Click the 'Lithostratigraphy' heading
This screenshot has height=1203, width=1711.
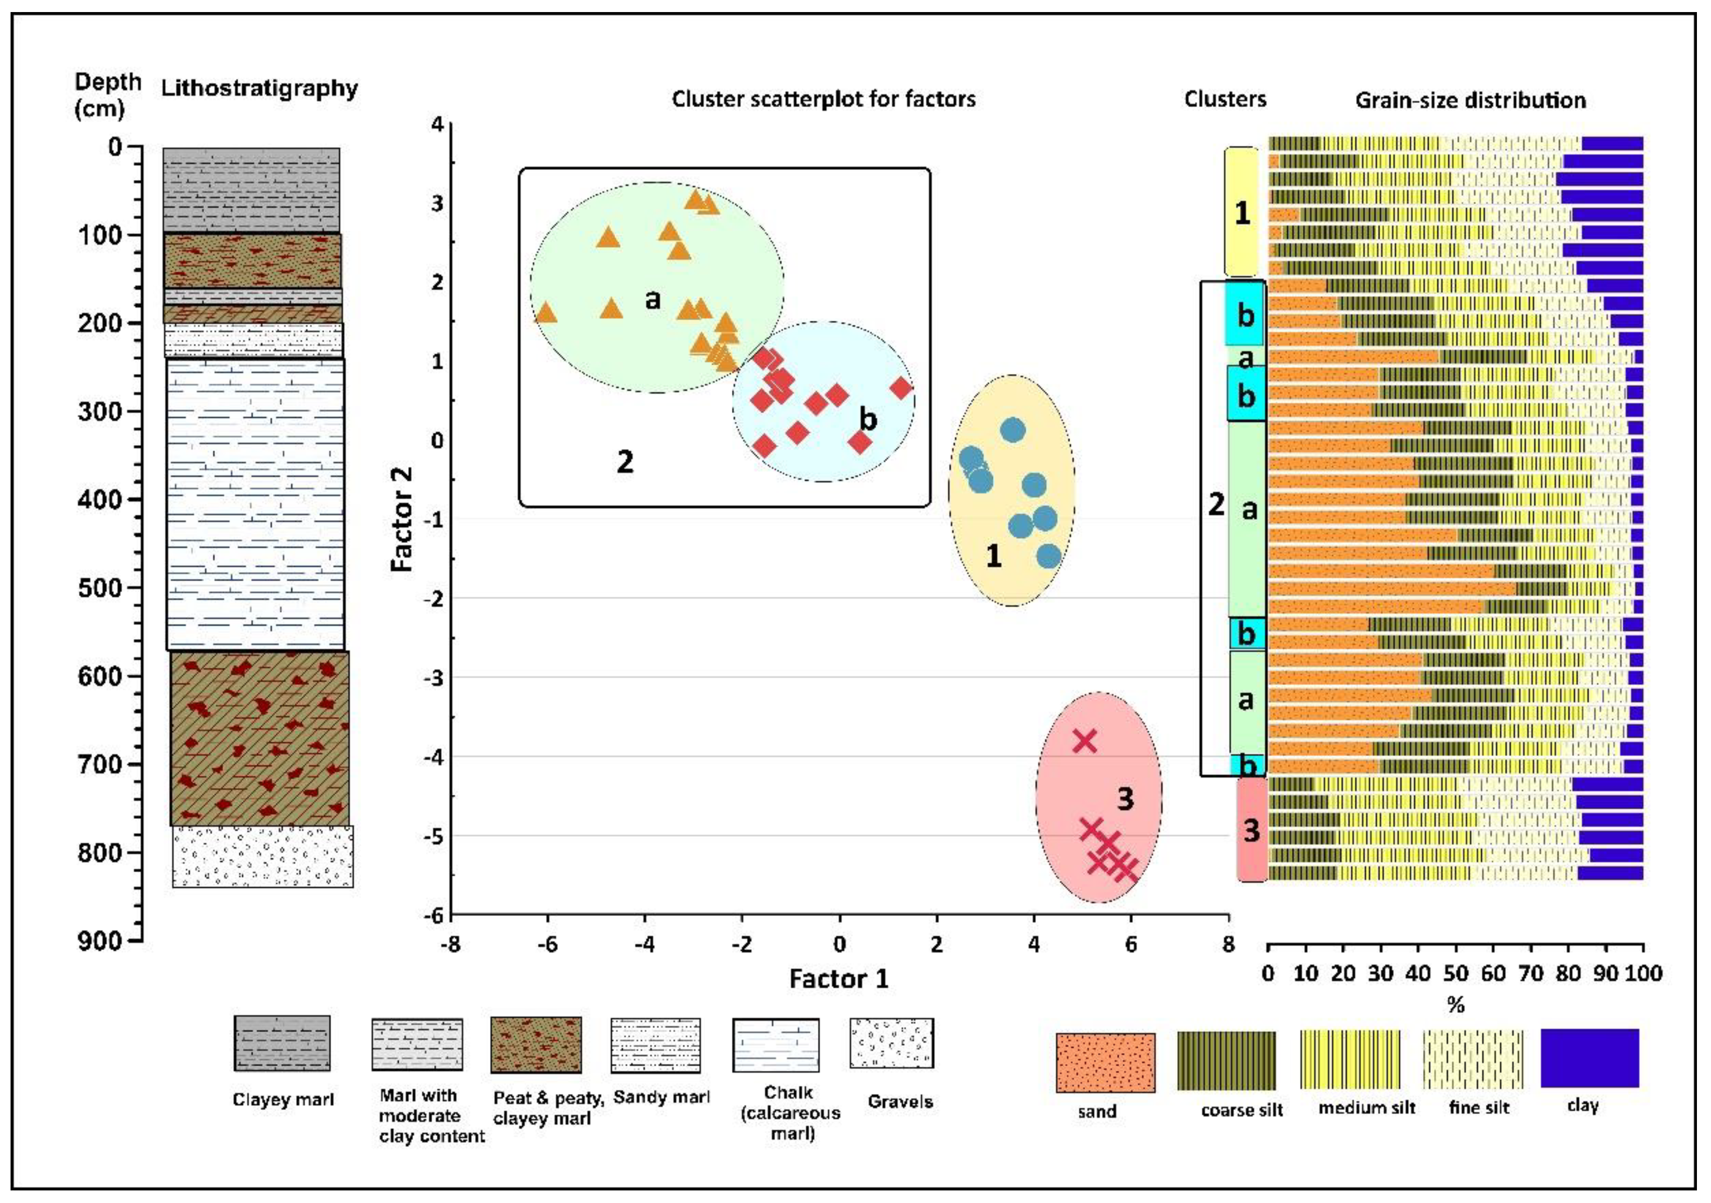(259, 88)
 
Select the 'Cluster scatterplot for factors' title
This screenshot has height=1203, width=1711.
(823, 99)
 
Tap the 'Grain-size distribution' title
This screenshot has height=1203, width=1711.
(1470, 101)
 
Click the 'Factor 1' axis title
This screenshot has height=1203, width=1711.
(838, 979)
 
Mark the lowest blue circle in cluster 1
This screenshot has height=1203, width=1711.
(1049, 556)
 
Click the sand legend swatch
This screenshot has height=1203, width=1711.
(1105, 1062)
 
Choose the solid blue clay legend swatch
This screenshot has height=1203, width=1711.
(1589, 1058)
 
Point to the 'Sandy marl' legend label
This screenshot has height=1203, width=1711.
(661, 1097)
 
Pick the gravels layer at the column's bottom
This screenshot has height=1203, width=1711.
(262, 857)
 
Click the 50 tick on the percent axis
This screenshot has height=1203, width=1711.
(1455, 973)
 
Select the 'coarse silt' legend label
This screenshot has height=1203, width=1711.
(1242, 1111)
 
